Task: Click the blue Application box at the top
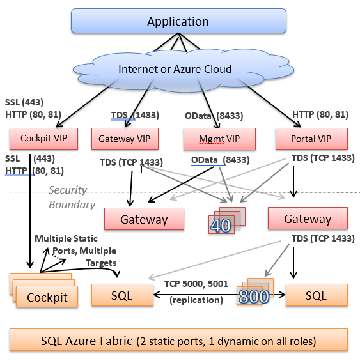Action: [x=178, y=22]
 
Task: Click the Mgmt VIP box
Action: [x=219, y=138]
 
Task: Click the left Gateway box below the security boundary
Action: [x=144, y=219]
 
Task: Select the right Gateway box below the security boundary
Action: [x=308, y=219]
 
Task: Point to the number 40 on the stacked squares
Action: [x=221, y=226]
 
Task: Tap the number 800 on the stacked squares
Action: [x=253, y=297]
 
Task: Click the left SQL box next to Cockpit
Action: [x=121, y=296]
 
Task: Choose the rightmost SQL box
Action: [x=317, y=296]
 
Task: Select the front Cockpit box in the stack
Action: [x=48, y=298]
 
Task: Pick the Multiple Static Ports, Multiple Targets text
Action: [x=75, y=250]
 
